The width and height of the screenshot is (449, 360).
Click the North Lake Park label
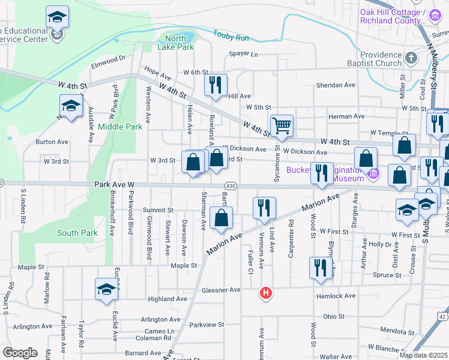175,41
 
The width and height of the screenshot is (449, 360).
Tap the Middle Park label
120,127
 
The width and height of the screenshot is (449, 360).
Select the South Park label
77,232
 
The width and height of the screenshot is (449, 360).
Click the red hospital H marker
265,293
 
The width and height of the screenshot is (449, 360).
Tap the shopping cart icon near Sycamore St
282,127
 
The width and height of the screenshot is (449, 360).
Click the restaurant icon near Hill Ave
215,86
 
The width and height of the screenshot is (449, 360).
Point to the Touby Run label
234,37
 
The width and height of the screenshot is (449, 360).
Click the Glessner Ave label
221,290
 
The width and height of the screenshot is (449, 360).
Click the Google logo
20,352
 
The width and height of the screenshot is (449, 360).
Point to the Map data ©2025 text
422,355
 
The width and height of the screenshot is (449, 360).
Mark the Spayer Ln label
243,54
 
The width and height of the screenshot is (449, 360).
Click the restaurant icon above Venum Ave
264,208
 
